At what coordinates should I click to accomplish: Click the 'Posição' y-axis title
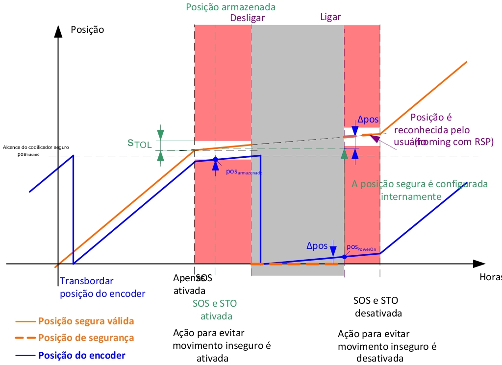click(87, 29)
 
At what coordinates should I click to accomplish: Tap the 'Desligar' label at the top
click(247, 18)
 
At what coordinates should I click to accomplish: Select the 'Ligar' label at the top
click(330, 17)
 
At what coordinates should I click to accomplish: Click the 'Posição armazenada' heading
click(231, 7)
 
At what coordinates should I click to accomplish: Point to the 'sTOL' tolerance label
click(140, 143)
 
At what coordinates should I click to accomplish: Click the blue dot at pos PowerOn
click(344, 257)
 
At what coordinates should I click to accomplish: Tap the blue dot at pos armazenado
click(215, 160)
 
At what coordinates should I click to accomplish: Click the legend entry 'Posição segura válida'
click(86, 321)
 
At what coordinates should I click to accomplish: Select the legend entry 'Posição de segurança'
click(86, 338)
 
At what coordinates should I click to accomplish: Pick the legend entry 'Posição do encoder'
click(82, 355)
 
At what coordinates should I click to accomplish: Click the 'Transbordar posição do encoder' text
click(102, 288)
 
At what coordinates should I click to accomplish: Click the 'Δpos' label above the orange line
click(368, 120)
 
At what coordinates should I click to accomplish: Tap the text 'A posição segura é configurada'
click(420, 184)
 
